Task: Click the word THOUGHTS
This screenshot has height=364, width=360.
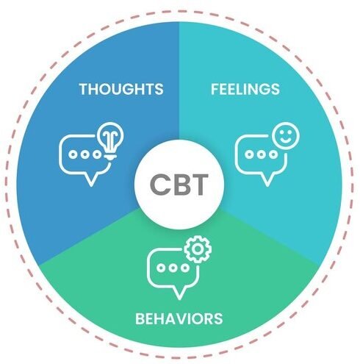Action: pos(121,89)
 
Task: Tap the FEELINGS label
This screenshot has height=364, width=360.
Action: pos(245,89)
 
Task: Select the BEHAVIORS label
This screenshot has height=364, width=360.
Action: pos(179,318)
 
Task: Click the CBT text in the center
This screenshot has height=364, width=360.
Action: pos(179,185)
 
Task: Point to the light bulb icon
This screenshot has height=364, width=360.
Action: pos(110,141)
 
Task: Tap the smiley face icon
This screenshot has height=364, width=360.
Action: pos(286,136)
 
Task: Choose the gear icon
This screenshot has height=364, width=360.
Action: pos(198,249)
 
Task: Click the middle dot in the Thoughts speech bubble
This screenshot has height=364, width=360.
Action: pos(85,154)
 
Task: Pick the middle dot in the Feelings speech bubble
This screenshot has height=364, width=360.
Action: pos(261,154)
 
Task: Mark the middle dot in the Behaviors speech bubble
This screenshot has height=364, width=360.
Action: pos(173,268)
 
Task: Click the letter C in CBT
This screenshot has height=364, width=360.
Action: pos(159,185)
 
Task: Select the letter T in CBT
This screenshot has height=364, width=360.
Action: pos(199,185)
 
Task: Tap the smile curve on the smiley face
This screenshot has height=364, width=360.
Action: pos(286,140)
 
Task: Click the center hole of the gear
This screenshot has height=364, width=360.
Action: pos(198,249)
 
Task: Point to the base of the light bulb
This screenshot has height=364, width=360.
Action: pos(110,157)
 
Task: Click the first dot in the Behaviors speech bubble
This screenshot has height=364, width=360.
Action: pos(161,268)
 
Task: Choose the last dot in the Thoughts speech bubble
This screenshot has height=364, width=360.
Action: pos(97,154)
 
